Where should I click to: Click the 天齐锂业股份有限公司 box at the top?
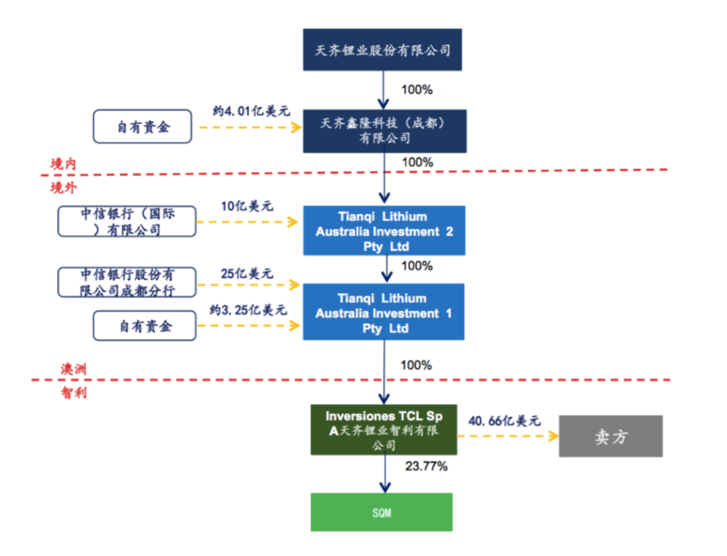click(382, 49)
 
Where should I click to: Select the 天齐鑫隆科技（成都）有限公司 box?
click(384, 131)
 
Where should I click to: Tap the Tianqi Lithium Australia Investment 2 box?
click(384, 231)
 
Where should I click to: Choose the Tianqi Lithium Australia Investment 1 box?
click(384, 312)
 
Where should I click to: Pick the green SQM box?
click(381, 512)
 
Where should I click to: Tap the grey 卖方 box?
click(611, 436)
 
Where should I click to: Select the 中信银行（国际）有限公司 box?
click(127, 221)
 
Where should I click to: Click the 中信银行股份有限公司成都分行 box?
click(127, 283)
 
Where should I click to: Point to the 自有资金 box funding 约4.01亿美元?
click(142, 127)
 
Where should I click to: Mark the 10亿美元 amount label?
click(248, 206)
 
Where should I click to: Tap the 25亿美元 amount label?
click(248, 273)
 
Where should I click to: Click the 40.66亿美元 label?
click(505, 421)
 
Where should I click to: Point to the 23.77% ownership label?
click(426, 466)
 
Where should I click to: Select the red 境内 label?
click(63, 164)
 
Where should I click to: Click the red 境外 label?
click(63, 188)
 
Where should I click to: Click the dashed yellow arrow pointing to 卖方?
click(508, 436)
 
